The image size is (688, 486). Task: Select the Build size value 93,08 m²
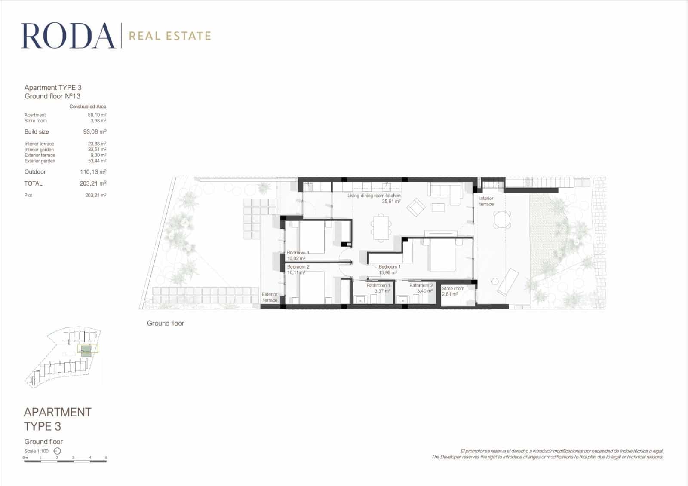click(95, 132)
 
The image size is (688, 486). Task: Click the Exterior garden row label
click(40, 161)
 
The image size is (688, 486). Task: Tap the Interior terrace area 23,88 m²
click(97, 144)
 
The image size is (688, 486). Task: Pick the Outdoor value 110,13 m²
click(93, 172)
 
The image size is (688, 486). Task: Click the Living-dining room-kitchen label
click(374, 196)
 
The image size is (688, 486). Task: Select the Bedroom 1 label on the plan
click(390, 267)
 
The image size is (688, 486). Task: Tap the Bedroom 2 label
click(298, 267)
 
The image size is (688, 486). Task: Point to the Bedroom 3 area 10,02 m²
click(296, 259)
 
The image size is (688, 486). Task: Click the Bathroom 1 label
click(378, 285)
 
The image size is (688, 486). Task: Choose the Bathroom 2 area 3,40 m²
click(424, 291)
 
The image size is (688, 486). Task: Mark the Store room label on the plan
click(453, 289)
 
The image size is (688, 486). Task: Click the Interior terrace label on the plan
click(486, 201)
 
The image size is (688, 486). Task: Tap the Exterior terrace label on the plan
click(270, 297)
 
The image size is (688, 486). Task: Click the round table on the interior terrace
click(502, 220)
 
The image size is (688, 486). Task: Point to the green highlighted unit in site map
click(86, 350)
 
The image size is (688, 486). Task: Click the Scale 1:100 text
click(37, 451)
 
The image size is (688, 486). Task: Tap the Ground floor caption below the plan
click(165, 323)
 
